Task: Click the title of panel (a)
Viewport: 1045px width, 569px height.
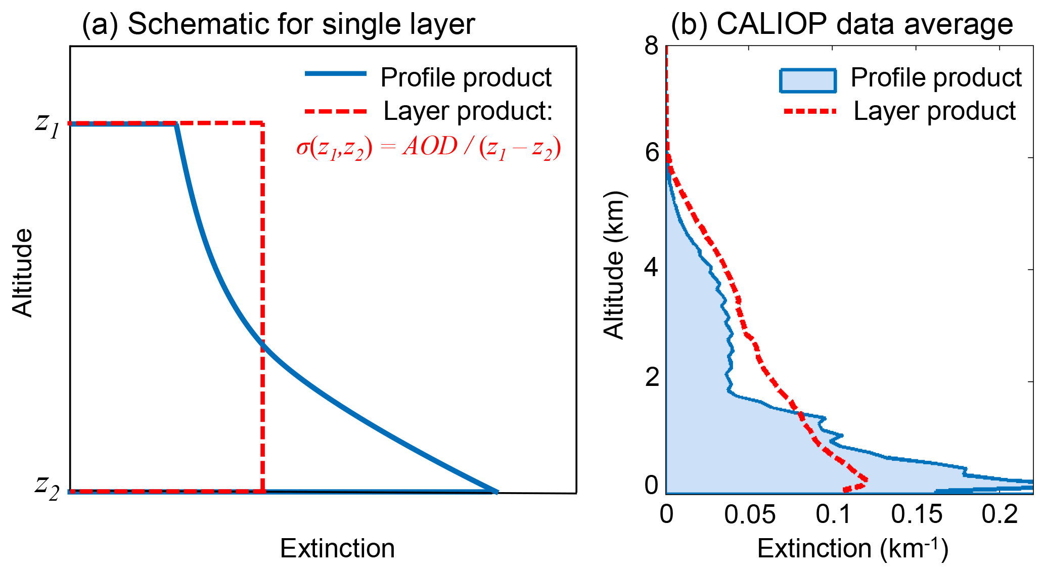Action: [x=278, y=24]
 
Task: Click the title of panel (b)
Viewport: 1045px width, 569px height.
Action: [x=841, y=24]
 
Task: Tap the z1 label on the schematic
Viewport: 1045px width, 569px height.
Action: [x=48, y=124]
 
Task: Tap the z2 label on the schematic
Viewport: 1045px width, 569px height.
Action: [x=48, y=487]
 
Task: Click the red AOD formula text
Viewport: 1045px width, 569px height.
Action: [x=429, y=148]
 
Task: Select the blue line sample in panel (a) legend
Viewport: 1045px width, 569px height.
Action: [x=335, y=74]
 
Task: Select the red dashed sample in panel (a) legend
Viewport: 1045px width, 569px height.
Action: [x=335, y=111]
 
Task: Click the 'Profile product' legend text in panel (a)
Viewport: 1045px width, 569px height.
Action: [x=466, y=77]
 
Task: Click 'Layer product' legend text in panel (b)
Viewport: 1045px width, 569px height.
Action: [x=934, y=111]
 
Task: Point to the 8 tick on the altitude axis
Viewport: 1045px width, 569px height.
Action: [x=652, y=47]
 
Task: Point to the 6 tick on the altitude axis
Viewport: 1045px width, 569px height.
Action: [x=652, y=152]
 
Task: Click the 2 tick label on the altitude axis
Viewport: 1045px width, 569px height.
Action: [x=652, y=377]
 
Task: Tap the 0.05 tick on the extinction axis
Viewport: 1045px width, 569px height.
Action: [x=750, y=514]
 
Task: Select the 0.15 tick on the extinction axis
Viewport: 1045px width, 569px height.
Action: [x=917, y=514]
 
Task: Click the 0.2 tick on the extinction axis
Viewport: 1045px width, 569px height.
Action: [x=999, y=514]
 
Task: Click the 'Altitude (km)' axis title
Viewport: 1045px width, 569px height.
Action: [x=614, y=265]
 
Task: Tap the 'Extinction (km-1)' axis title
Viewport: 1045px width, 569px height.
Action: [x=852, y=548]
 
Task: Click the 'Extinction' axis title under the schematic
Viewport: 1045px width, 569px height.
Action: [x=337, y=548]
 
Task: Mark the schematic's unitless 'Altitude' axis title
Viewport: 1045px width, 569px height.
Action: [x=22, y=273]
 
